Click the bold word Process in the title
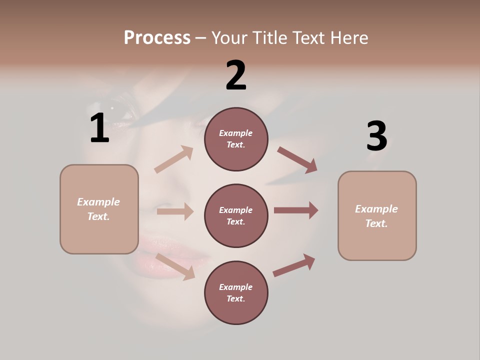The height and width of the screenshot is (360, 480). (x=157, y=37)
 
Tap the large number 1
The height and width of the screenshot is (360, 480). (x=99, y=128)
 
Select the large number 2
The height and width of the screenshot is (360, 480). (x=236, y=75)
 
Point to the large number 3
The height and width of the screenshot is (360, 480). (x=377, y=136)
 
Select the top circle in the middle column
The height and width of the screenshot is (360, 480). (x=236, y=139)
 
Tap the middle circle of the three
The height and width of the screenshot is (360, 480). (x=236, y=215)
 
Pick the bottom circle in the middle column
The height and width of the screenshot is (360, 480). (x=236, y=292)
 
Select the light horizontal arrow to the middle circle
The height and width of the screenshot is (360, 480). (x=175, y=211)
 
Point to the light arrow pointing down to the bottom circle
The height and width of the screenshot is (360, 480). (x=175, y=265)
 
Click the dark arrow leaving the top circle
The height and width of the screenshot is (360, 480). (x=297, y=160)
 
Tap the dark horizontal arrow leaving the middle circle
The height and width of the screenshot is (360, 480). (x=296, y=210)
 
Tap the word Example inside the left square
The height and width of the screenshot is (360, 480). (x=98, y=202)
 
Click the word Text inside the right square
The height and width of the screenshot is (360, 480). (x=376, y=223)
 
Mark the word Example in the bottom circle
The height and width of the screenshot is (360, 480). (x=236, y=287)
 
